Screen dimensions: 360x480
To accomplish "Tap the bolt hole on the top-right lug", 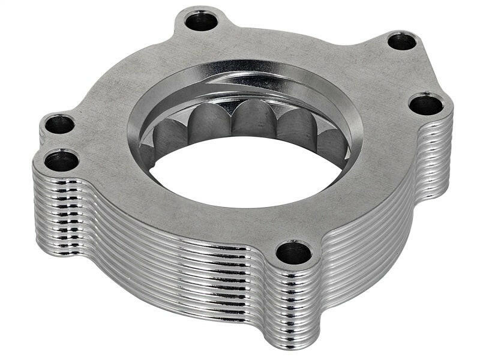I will [x=401, y=41].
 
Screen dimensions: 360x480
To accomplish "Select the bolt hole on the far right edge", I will [x=426, y=105].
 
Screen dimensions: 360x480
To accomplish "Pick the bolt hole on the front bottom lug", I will [x=293, y=253].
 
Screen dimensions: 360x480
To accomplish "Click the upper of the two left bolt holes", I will [x=59, y=125].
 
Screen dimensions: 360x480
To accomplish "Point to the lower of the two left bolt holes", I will [x=61, y=161].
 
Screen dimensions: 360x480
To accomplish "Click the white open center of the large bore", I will [x=240, y=174].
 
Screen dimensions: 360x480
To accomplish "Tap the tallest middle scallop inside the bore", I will [x=252, y=120].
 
